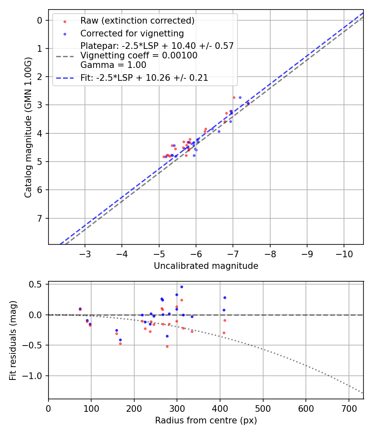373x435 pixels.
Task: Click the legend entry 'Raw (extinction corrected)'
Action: click(137, 21)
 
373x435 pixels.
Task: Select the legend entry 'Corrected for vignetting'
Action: click(132, 33)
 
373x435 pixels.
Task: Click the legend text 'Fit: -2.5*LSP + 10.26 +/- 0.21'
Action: click(144, 77)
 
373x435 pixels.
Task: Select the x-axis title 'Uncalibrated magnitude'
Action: click(206, 266)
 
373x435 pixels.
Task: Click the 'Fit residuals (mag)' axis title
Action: click(13, 340)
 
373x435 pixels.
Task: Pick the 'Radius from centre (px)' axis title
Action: click(206, 420)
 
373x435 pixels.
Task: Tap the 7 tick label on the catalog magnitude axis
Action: click(40, 218)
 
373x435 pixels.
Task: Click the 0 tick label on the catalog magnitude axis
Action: click(40, 20)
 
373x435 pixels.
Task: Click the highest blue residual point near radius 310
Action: click(182, 287)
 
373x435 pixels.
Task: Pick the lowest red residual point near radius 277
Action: click(167, 346)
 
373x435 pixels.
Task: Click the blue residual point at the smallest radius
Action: click(80, 309)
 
